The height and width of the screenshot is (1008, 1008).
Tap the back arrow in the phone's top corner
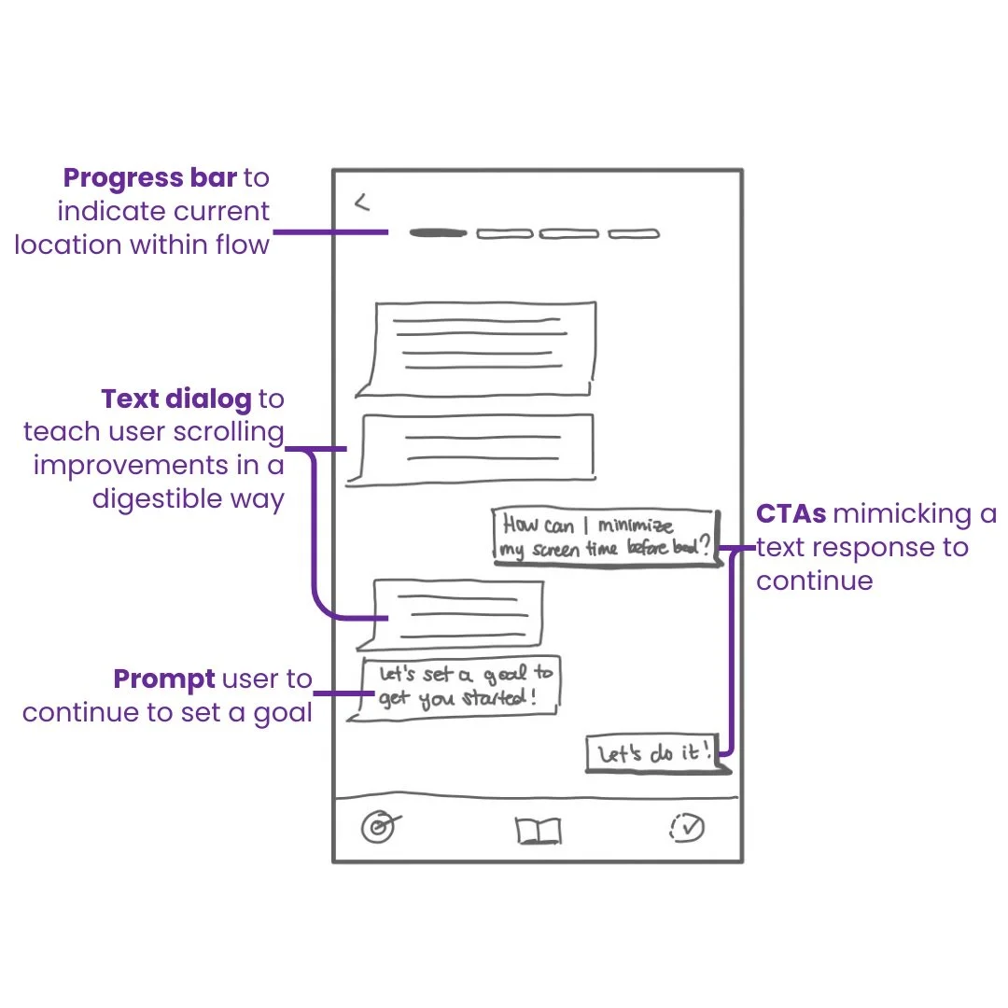[x=362, y=203]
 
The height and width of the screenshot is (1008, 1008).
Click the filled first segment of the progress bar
[x=437, y=232]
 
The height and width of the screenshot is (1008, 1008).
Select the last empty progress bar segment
[x=634, y=233]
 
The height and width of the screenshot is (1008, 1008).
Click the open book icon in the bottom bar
[x=539, y=830]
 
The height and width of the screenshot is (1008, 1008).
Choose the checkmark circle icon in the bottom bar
[x=687, y=827]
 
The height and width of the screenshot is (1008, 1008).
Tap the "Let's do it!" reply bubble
[x=655, y=753]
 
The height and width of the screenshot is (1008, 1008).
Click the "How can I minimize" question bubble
[x=607, y=537]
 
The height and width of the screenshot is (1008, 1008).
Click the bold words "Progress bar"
[x=149, y=177]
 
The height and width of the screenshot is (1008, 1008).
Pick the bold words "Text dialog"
[x=176, y=399]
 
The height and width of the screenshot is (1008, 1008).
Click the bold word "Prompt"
[x=164, y=679]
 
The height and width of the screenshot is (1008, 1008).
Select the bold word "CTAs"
[x=791, y=514]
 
